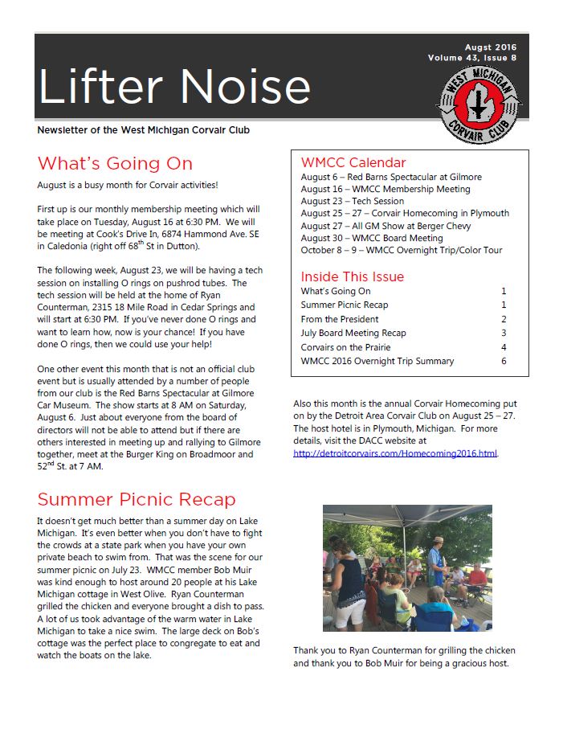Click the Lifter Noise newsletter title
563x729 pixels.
[x=174, y=86]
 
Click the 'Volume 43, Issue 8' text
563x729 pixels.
[x=472, y=58]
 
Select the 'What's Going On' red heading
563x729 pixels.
[x=115, y=164]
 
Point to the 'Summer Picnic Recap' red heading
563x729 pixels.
[x=137, y=499]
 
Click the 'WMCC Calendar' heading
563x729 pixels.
[x=353, y=162]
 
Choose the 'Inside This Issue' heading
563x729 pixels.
[x=353, y=276]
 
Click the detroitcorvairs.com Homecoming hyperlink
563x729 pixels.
[x=395, y=453]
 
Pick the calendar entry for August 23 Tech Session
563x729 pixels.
[x=353, y=201]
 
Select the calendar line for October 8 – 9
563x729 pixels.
[x=402, y=250]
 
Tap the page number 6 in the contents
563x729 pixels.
[x=504, y=361]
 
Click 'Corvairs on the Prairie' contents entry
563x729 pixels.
[x=345, y=347]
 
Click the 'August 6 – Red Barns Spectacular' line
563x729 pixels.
[x=391, y=177]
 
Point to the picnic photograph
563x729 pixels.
[x=406, y=567]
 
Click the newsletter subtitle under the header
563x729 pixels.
[x=149, y=129]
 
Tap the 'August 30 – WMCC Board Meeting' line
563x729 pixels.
[x=372, y=238]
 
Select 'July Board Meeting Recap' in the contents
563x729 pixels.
[x=353, y=333]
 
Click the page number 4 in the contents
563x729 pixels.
[x=504, y=347]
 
